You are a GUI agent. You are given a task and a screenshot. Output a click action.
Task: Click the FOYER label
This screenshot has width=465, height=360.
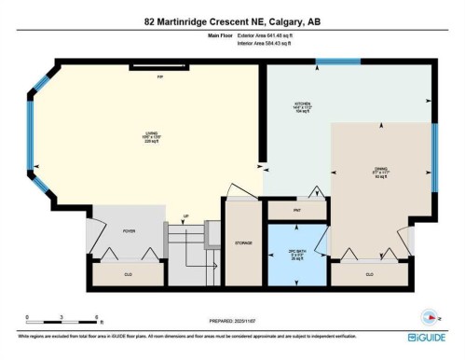click(x=129, y=256)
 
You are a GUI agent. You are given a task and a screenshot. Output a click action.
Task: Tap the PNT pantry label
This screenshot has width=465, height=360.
click(x=296, y=211)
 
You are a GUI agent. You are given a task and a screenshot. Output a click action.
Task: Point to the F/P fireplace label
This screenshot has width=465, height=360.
click(x=159, y=77)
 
